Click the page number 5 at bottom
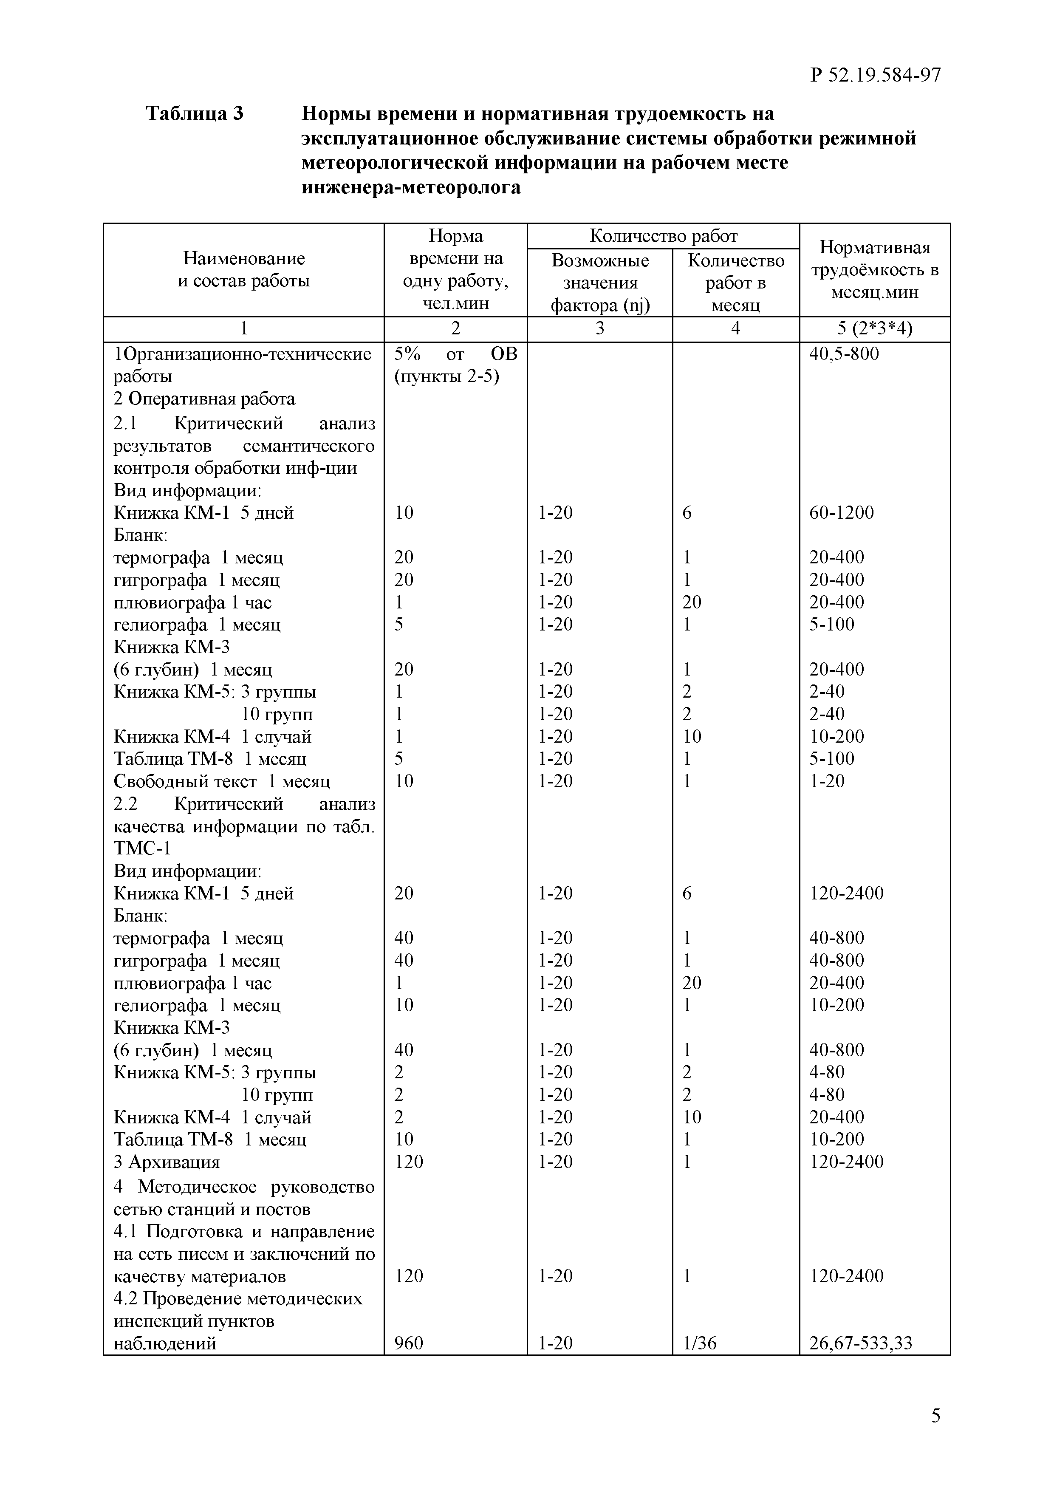coord(935,1415)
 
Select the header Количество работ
coord(663,235)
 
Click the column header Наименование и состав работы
coord(243,270)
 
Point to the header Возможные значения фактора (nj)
coord(600,283)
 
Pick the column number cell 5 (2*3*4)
coord(874,329)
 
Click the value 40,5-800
coord(844,354)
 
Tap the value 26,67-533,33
coord(861,1343)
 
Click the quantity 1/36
coord(700,1343)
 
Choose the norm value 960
coord(409,1343)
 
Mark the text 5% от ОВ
coord(455,354)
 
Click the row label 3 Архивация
coord(167,1162)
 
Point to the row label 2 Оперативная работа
coord(204,399)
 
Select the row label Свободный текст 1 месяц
coord(222,781)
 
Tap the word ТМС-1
coord(142,848)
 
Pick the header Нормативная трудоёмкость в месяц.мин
coord(874,270)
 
